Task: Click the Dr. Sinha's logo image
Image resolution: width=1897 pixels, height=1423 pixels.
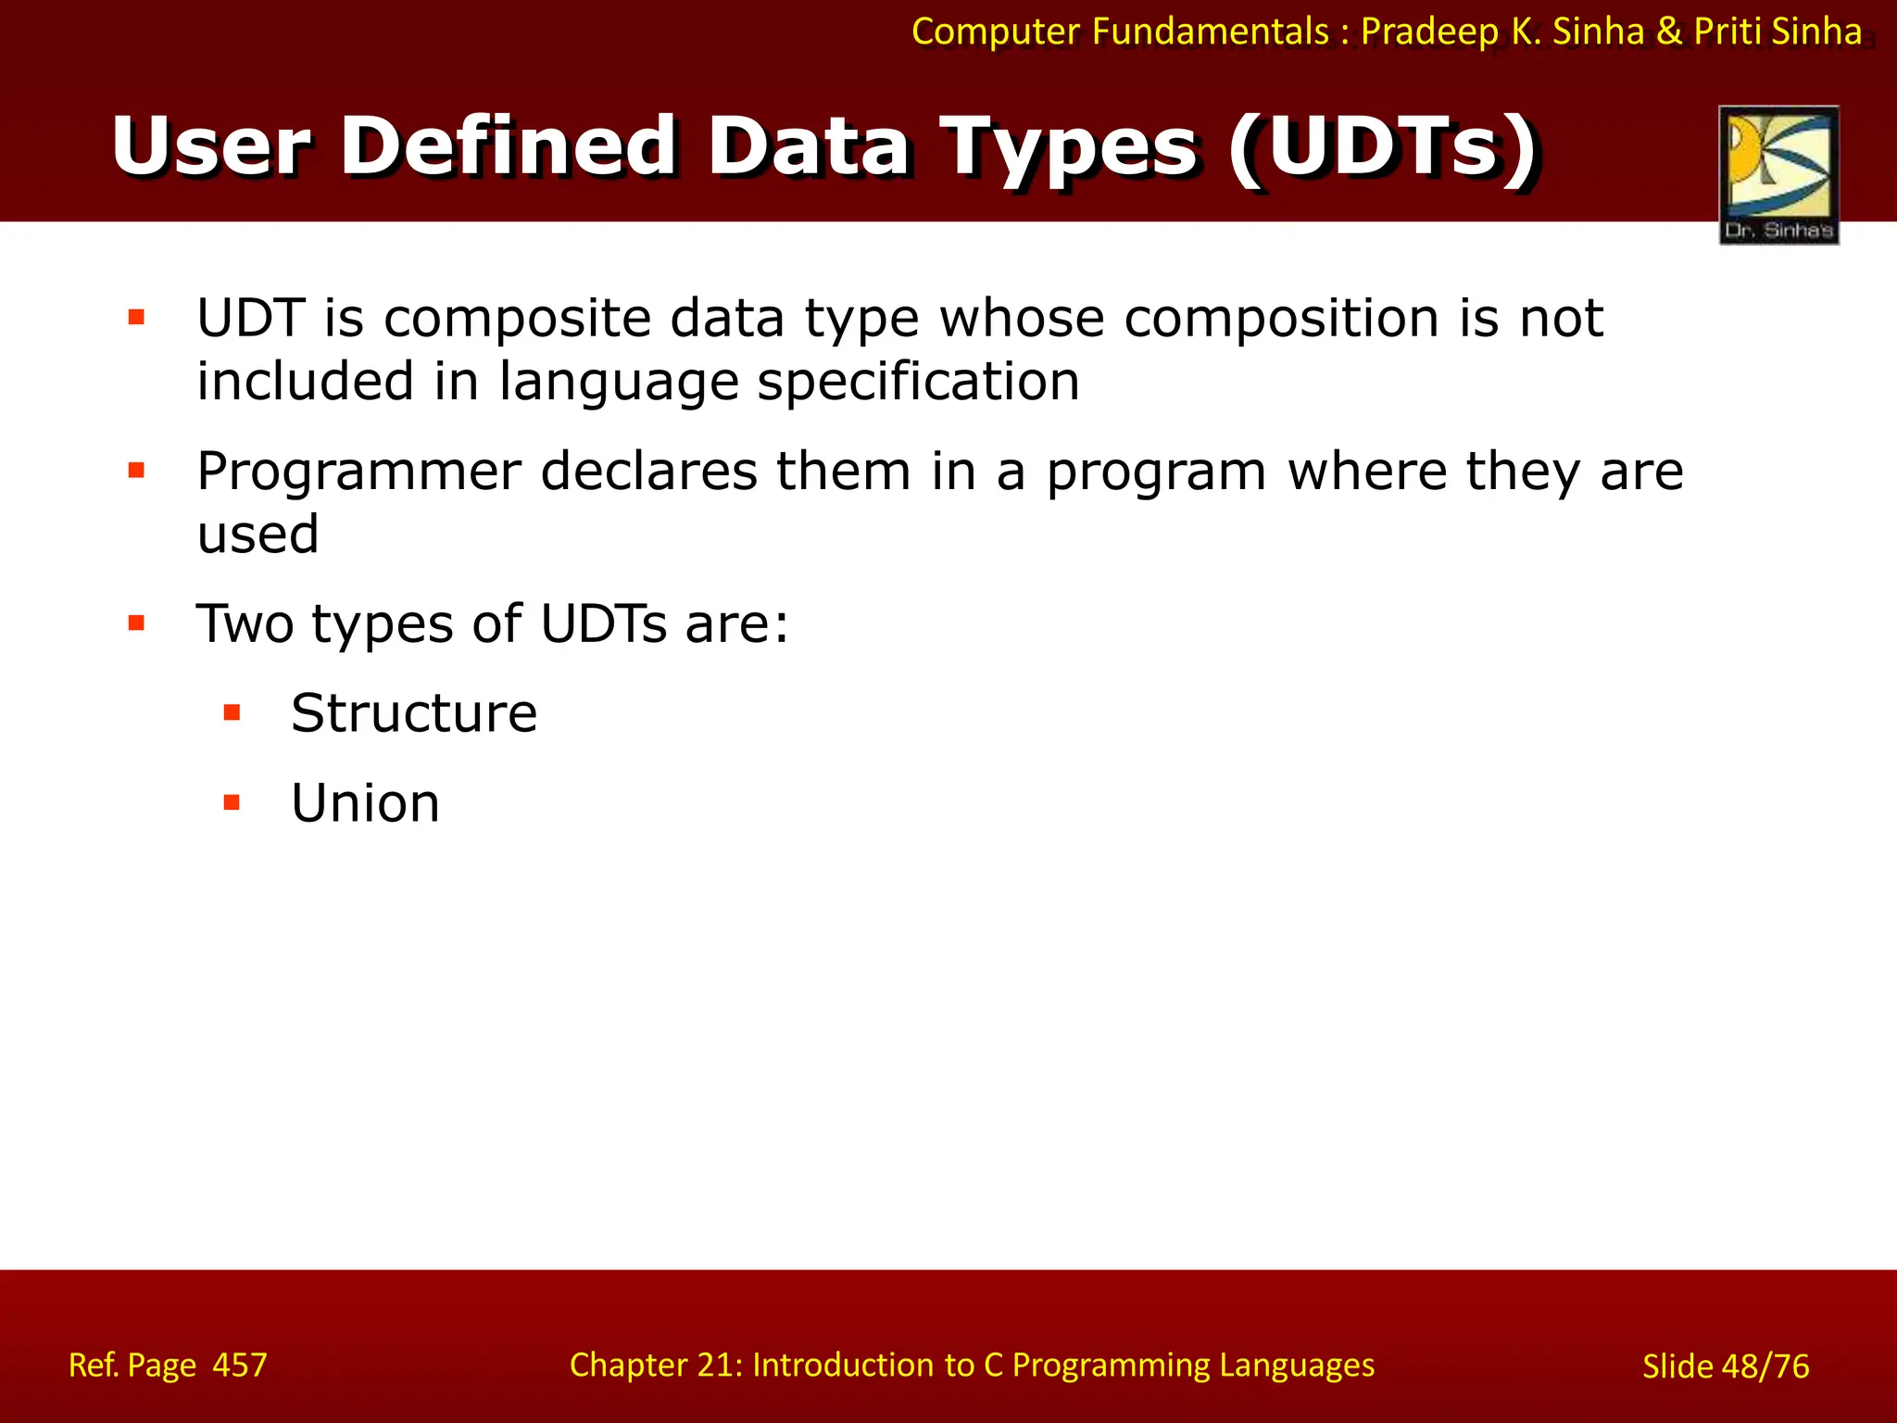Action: pos(1778,174)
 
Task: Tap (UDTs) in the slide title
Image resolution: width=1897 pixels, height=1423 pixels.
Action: pos(1384,146)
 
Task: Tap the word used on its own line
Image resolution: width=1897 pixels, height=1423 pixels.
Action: pos(258,535)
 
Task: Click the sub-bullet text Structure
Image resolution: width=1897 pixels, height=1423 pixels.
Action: pos(413,713)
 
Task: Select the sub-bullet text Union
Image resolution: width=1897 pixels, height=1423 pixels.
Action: pos(365,803)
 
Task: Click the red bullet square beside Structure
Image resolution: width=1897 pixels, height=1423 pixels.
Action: pos(232,712)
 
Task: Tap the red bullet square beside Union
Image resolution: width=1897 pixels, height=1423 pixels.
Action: pos(232,802)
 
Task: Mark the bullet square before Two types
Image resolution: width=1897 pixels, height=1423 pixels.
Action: pos(137,623)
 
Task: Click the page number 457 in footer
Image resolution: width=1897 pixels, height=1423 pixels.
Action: pos(239,1366)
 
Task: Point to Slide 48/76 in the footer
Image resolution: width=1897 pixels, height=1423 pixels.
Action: pos(1725,1366)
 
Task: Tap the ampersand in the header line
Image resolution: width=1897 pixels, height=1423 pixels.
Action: pos(1668,31)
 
